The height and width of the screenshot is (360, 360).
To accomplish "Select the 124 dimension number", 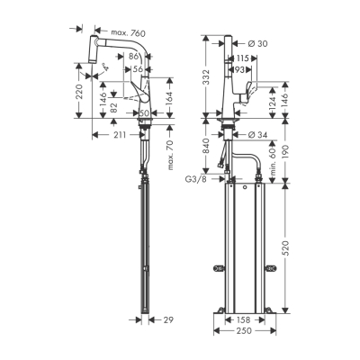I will tap(272, 101).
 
